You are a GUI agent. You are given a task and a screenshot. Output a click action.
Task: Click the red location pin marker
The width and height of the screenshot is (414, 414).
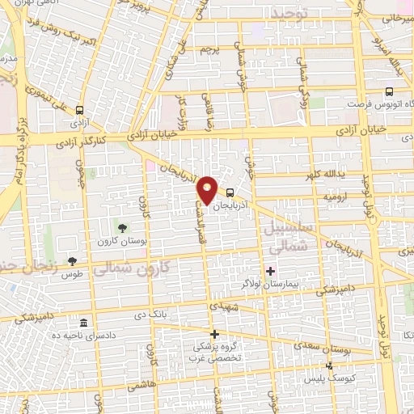point(208,189)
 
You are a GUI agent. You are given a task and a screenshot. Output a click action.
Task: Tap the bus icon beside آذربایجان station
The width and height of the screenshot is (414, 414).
point(231,192)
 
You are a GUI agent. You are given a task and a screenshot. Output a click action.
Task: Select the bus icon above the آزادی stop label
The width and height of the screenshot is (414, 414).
point(79,110)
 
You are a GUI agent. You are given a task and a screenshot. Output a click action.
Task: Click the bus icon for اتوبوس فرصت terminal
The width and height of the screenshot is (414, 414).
point(390,92)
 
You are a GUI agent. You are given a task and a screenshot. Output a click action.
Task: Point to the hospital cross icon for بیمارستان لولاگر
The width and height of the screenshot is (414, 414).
point(270,270)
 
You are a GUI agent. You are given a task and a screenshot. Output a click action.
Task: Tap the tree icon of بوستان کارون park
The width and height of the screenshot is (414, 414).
point(122,228)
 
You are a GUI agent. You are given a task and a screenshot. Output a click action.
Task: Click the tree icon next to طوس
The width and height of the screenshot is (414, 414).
point(73,260)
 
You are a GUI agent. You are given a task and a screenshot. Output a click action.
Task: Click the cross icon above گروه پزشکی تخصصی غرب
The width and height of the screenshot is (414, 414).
point(214,334)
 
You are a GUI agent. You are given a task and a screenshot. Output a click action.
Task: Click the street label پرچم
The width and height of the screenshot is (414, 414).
point(209,50)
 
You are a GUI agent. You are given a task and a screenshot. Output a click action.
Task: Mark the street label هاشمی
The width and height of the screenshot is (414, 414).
point(141,387)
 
